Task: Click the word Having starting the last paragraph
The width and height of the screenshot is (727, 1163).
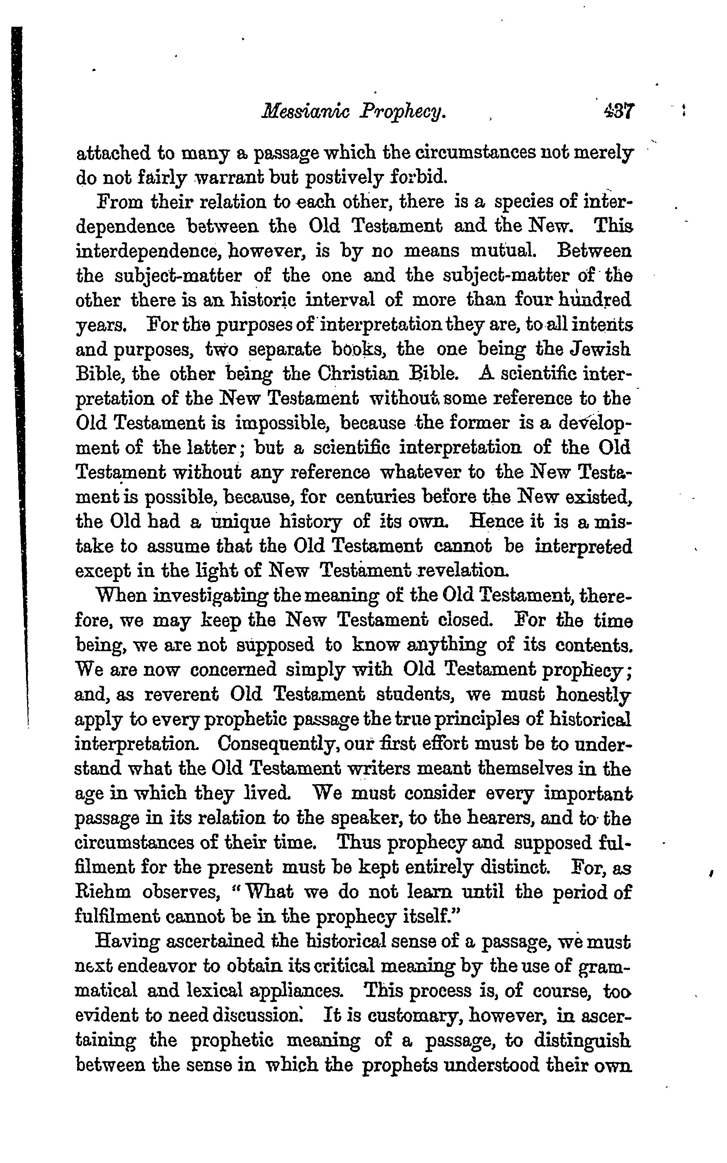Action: [x=127, y=941]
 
